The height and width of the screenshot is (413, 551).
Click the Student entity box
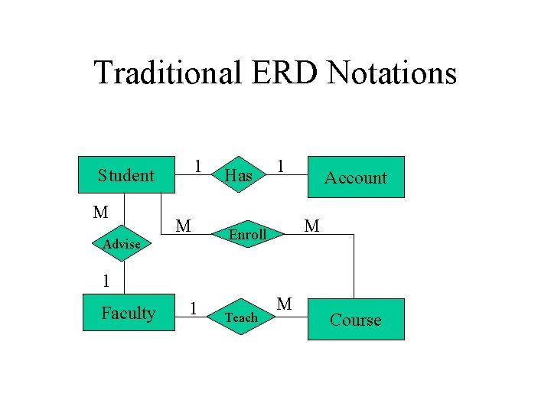[x=126, y=176]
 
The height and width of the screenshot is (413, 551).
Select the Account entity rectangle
[x=355, y=177]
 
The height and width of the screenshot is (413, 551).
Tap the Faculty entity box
[x=128, y=313]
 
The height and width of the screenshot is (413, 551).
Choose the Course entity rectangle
[x=355, y=320]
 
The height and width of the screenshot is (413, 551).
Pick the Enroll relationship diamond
[x=247, y=235]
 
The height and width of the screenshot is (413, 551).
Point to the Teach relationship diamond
[x=241, y=317]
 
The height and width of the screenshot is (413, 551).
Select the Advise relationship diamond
[x=122, y=245]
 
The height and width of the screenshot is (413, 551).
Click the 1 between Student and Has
[x=197, y=166]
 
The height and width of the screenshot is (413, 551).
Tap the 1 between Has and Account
[x=282, y=166]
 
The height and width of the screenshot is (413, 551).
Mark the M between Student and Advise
[x=100, y=212]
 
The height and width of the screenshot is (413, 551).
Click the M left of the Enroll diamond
[x=183, y=226]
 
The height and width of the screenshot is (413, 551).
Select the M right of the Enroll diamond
[x=311, y=226]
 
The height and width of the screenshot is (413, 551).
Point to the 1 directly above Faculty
[x=107, y=281]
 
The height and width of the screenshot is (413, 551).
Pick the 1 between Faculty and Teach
[x=194, y=307]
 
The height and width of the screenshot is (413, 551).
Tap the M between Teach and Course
[x=284, y=304]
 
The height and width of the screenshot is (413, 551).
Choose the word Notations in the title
[x=392, y=73]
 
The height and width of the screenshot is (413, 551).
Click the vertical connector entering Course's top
[x=354, y=268]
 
